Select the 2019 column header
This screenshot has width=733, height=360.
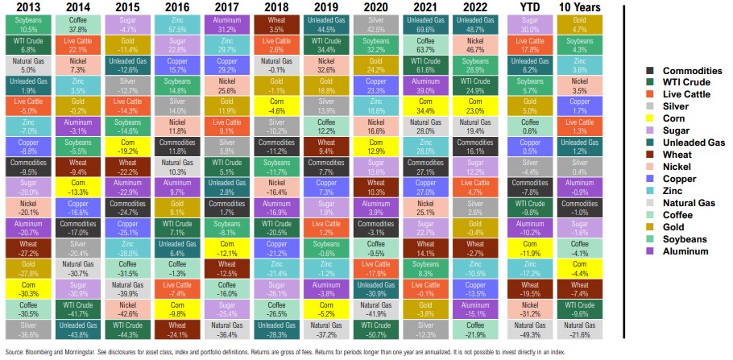point(327,7)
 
